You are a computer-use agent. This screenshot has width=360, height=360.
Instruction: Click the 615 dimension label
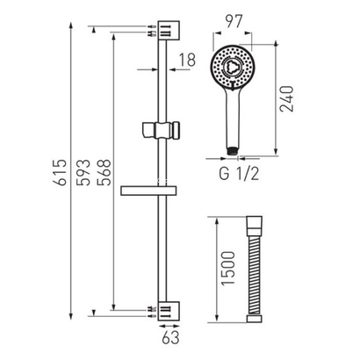coord(60,172)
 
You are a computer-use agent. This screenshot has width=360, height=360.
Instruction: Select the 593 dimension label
coord(83,172)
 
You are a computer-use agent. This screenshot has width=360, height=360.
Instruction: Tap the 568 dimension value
coord(105,172)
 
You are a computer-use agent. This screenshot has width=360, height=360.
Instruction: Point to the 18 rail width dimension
coord(187,60)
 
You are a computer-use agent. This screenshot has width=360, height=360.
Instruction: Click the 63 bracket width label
coord(170,338)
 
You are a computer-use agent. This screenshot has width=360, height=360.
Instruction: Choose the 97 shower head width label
coord(234,21)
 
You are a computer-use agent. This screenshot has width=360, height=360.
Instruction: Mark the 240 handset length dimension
coord(286,98)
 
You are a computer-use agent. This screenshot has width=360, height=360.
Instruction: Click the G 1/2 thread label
coord(239,174)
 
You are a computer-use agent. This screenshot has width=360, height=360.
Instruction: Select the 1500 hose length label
coord(228,268)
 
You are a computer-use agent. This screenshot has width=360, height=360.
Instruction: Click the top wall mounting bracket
coord(169,31)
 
